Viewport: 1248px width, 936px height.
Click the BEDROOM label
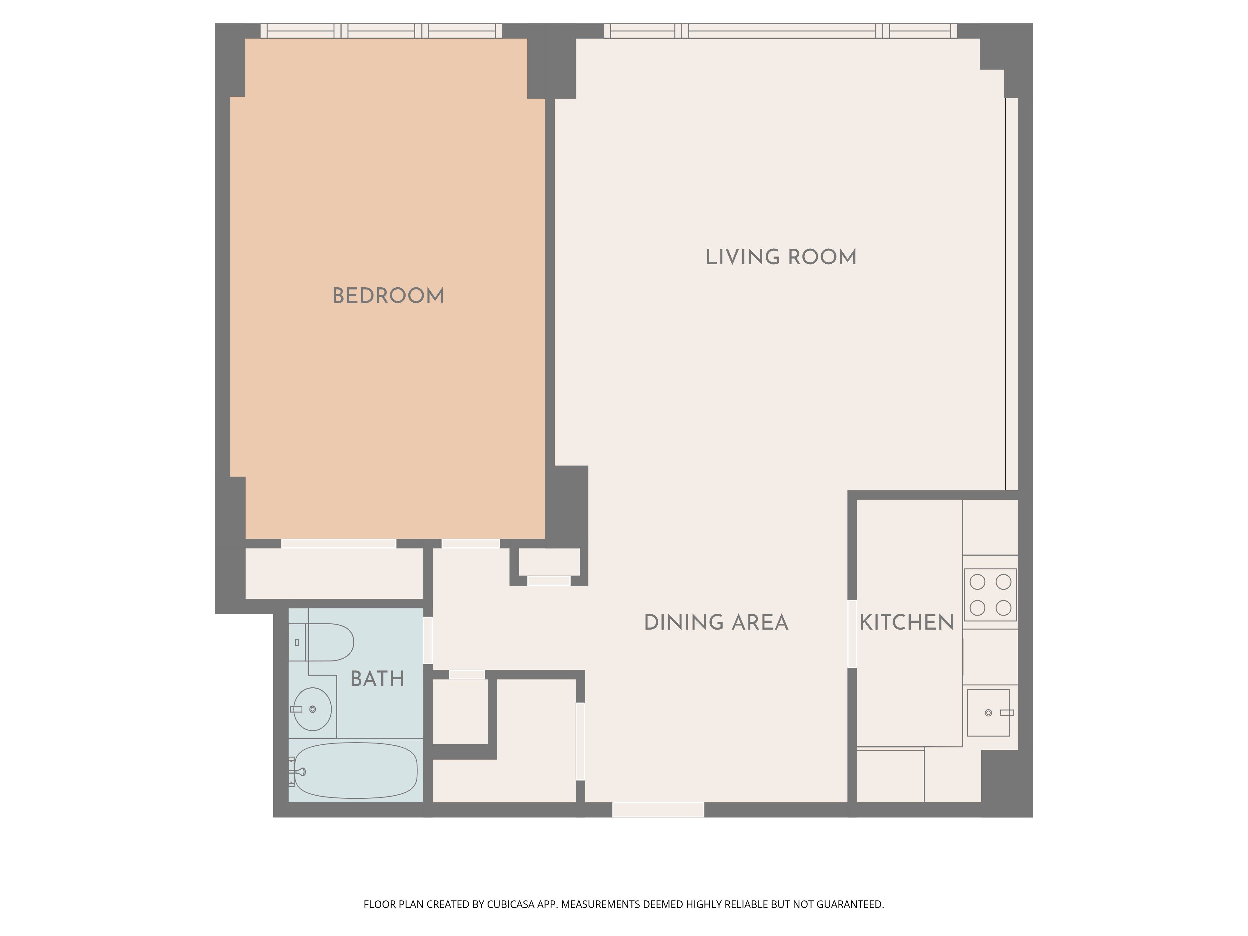coord(388,296)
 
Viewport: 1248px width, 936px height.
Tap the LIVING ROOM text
coord(781,257)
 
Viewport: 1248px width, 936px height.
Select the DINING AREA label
coord(716,622)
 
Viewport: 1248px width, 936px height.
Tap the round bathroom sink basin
coord(312,709)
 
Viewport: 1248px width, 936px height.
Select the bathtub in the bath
coord(355,771)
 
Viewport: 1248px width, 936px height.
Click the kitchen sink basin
coord(988,713)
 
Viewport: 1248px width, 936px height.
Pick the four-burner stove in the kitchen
coord(990,595)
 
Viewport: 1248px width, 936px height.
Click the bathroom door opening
coord(428,640)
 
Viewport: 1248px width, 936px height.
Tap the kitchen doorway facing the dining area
coord(852,634)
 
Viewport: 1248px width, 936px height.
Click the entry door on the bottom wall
coord(658,810)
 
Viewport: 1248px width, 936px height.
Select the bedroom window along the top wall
coord(381,31)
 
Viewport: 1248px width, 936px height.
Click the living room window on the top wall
coord(780,31)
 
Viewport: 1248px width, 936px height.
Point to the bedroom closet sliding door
coord(339,543)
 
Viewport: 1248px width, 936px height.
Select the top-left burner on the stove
coord(977,582)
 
